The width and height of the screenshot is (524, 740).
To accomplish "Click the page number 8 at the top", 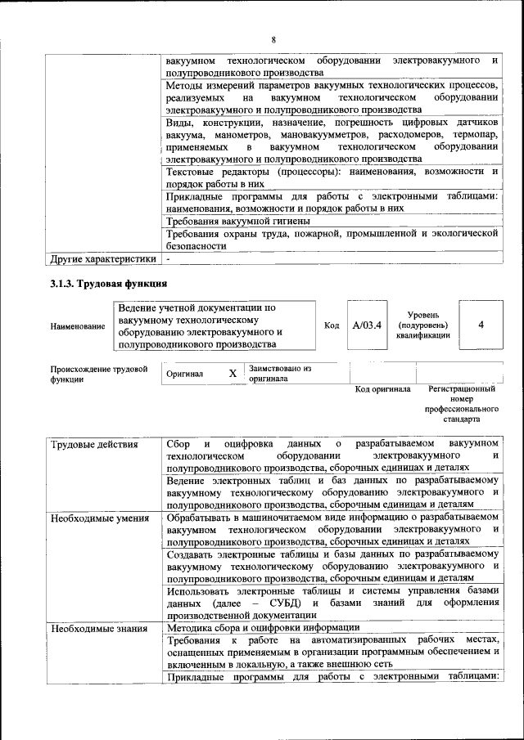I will coord(273,40).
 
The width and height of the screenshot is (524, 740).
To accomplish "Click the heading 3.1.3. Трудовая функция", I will coord(109,285).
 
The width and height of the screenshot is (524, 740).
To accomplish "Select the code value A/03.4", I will coord(367,325).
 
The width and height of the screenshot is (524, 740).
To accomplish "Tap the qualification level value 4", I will coord(481,325).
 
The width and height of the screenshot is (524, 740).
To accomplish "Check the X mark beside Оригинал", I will coord(233,374).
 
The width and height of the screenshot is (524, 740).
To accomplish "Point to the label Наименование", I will coord(78,326).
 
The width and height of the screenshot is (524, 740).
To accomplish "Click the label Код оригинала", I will coord(382,389).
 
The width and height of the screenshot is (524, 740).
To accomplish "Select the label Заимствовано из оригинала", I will coord(280,374).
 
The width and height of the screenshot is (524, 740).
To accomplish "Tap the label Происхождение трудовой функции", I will coord(98,374).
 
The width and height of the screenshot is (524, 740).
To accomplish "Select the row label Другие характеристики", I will coord(103,260).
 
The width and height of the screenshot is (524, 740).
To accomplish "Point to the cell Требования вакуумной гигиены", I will coord(237,221).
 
